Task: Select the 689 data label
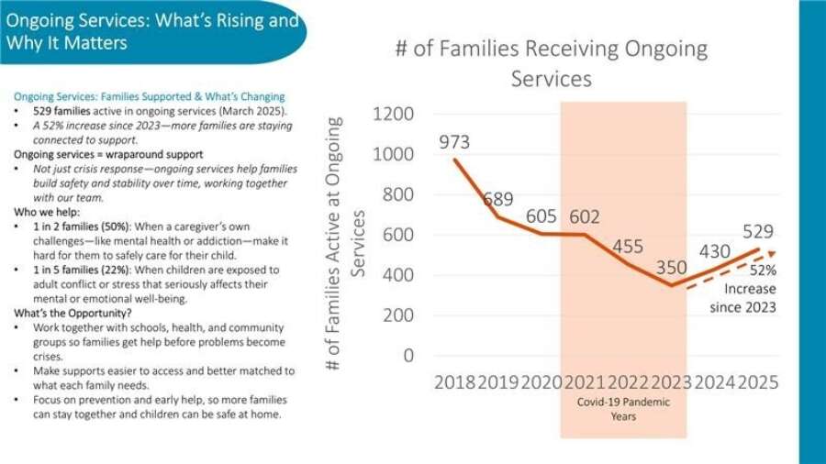(498, 199)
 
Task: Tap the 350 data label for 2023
(671, 268)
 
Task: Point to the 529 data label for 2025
(758, 232)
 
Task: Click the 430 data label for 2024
(715, 251)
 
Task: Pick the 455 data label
(628, 247)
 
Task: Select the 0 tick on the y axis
(408, 355)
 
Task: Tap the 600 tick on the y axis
(398, 235)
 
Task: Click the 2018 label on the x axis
(455, 382)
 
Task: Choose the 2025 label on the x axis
(758, 382)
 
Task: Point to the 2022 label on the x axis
(628, 382)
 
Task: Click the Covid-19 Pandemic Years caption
(623, 409)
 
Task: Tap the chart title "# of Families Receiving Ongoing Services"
(552, 62)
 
